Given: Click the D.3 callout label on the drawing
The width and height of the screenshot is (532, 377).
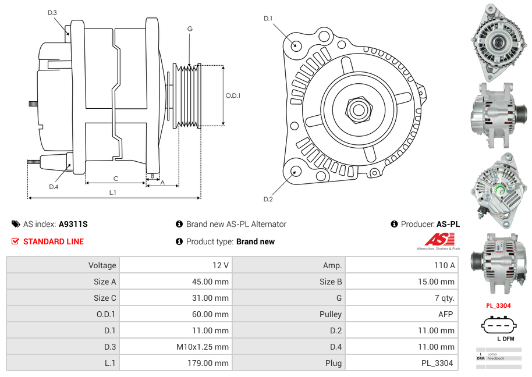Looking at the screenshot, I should pyautogui.click(x=52, y=12).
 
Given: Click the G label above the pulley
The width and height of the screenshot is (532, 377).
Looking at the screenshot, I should pyautogui.click(x=190, y=29).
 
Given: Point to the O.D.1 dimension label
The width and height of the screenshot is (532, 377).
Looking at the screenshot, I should pyautogui.click(x=233, y=95).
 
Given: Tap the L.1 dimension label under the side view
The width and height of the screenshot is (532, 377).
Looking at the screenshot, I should pyautogui.click(x=113, y=193).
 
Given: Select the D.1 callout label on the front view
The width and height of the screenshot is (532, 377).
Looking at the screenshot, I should pyautogui.click(x=268, y=19).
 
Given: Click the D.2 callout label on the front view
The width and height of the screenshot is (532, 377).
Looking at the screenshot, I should pyautogui.click(x=268, y=200).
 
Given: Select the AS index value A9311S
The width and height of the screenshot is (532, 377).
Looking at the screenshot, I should pyautogui.click(x=73, y=224).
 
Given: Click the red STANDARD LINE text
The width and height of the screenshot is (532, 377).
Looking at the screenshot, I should pyautogui.click(x=54, y=241).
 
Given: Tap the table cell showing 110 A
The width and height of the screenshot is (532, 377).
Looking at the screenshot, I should pyautogui.click(x=444, y=265).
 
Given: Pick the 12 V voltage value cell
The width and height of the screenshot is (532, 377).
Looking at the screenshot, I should pyautogui.click(x=221, y=265).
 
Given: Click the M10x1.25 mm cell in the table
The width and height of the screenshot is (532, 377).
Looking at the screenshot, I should pyautogui.click(x=203, y=347).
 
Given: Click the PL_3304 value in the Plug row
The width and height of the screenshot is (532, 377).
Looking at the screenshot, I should pyautogui.click(x=438, y=363).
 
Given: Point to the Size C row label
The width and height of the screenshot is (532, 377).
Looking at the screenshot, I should pyautogui.click(x=105, y=298).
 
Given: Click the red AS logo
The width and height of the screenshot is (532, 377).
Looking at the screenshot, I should pyautogui.click(x=439, y=239).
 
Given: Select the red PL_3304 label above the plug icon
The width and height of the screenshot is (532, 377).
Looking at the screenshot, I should pyautogui.click(x=498, y=305).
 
